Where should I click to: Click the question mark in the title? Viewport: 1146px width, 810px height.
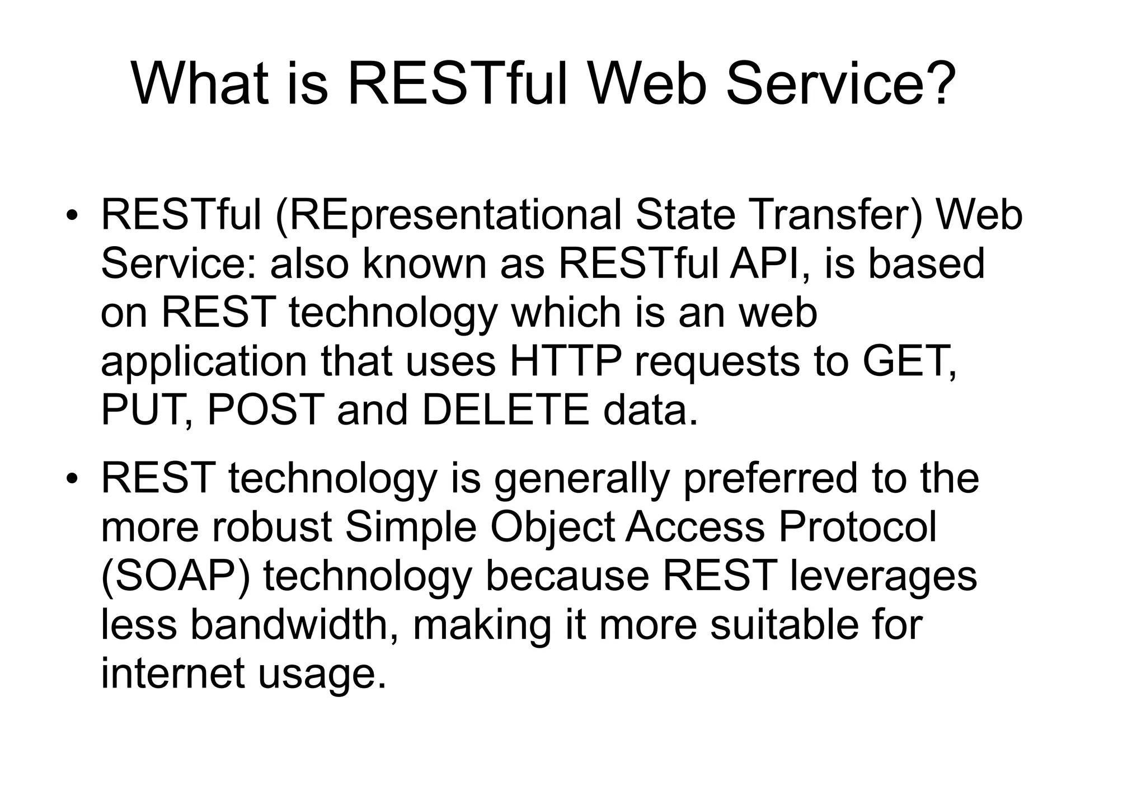(936, 84)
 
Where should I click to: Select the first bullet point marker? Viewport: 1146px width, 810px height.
(71, 217)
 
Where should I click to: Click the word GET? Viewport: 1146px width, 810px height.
(909, 362)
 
